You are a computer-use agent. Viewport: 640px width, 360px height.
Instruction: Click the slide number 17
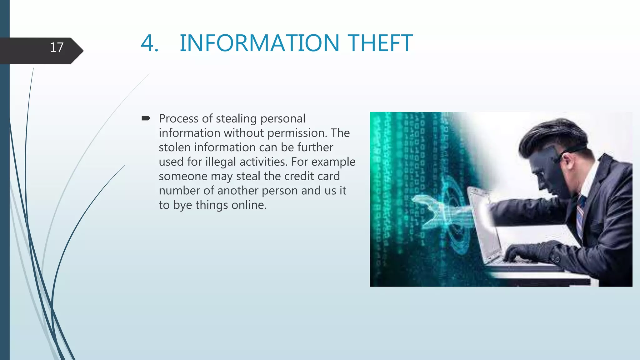point(57,47)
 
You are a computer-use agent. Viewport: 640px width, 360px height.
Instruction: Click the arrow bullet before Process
point(146,118)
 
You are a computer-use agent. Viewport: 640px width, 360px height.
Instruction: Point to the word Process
point(178,119)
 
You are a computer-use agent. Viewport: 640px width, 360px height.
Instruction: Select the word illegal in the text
point(220,162)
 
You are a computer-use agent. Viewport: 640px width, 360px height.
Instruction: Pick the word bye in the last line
point(182,205)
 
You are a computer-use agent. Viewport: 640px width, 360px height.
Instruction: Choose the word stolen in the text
point(174,147)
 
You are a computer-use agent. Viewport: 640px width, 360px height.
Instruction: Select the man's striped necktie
point(580,216)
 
